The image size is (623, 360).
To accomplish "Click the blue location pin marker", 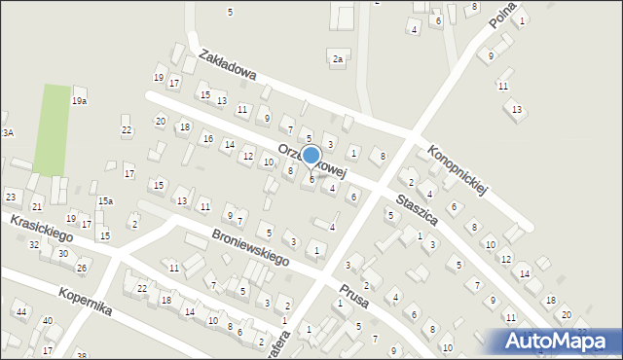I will [x=311, y=156].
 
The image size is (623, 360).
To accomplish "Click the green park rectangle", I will [x=52, y=129].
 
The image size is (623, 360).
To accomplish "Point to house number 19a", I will [x=80, y=100].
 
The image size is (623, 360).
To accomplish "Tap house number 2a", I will [x=338, y=59].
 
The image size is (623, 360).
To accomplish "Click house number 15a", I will [x=105, y=201].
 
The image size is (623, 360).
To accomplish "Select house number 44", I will [x=20, y=311].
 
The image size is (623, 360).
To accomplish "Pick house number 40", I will [x=47, y=320].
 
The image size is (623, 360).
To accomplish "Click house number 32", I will [x=34, y=244].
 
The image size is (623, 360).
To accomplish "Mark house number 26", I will [x=82, y=268].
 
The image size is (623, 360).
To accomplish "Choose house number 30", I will [x=62, y=253].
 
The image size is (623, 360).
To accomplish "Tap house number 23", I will [x=11, y=197].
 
